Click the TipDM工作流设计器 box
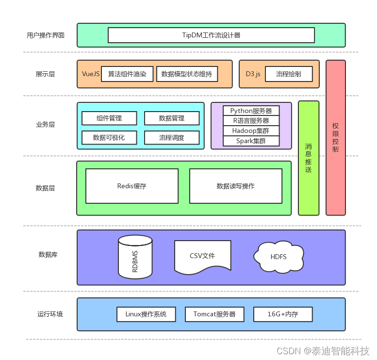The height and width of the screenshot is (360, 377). click(211, 35)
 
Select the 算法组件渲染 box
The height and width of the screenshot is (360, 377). click(127, 74)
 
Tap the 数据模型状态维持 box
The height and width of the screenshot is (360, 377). click(187, 74)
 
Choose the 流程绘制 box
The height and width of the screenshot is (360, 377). click(289, 74)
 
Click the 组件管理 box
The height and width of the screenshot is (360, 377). click(109, 118)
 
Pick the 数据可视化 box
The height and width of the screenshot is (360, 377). click(109, 137)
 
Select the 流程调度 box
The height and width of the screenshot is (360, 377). click(172, 137)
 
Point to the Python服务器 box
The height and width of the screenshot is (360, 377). click(251, 111)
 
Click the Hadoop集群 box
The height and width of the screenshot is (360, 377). click(251, 131)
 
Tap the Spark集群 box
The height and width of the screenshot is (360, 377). click(251, 141)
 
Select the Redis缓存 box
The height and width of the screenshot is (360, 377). click(131, 186)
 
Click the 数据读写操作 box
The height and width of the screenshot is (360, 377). click(235, 186)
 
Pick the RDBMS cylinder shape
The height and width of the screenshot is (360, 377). click(135, 257)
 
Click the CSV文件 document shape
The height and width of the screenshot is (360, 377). click(202, 256)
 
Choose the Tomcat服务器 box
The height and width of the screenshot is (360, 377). click(214, 314)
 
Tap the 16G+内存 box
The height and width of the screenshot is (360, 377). click(283, 314)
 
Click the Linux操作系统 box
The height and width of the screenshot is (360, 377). click(146, 314)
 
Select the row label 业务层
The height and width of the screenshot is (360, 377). click(45, 125)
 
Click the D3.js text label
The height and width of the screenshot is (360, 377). click(253, 74)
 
